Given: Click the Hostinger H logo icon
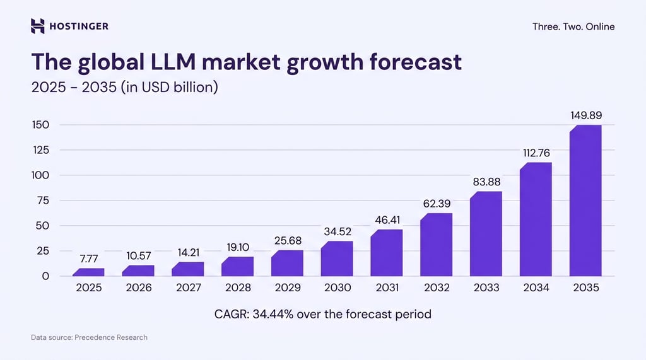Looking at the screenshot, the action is (x=37, y=26).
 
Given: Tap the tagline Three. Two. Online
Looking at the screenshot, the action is (x=573, y=26).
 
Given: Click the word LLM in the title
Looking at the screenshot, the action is (x=173, y=62).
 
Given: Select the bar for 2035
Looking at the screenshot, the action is (x=585, y=200).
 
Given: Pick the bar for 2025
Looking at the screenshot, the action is (x=88, y=272).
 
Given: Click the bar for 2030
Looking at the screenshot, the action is (x=337, y=258).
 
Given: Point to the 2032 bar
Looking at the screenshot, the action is (x=437, y=245).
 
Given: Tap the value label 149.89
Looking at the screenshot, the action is (x=586, y=115).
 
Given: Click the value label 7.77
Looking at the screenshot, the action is (x=89, y=258).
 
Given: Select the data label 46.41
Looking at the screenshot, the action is (x=387, y=220).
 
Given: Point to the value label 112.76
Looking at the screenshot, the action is (x=536, y=153).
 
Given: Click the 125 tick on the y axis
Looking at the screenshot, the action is (x=41, y=150).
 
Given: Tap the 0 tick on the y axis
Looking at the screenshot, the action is (x=45, y=276).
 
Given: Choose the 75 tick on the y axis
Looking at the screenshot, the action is (x=43, y=200).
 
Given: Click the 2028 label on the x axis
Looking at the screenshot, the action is (x=238, y=287).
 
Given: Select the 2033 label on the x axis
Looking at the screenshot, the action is (x=486, y=287).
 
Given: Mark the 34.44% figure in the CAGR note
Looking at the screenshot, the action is (x=273, y=314).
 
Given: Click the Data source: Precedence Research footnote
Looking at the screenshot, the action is (x=89, y=337).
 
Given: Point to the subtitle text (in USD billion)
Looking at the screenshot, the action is (x=169, y=88).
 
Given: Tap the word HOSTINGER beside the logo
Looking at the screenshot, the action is (x=79, y=26).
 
